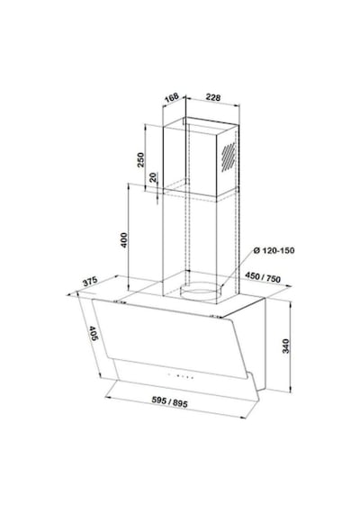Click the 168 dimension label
tap(172, 97)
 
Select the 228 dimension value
tap(213, 97)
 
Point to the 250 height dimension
tap(140, 159)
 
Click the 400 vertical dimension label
tap(123, 239)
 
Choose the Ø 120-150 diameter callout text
tap(274, 250)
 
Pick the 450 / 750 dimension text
tap(263, 277)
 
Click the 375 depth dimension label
tap(90, 282)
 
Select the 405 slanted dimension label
tap(94, 333)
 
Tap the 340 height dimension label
tap(285, 346)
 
